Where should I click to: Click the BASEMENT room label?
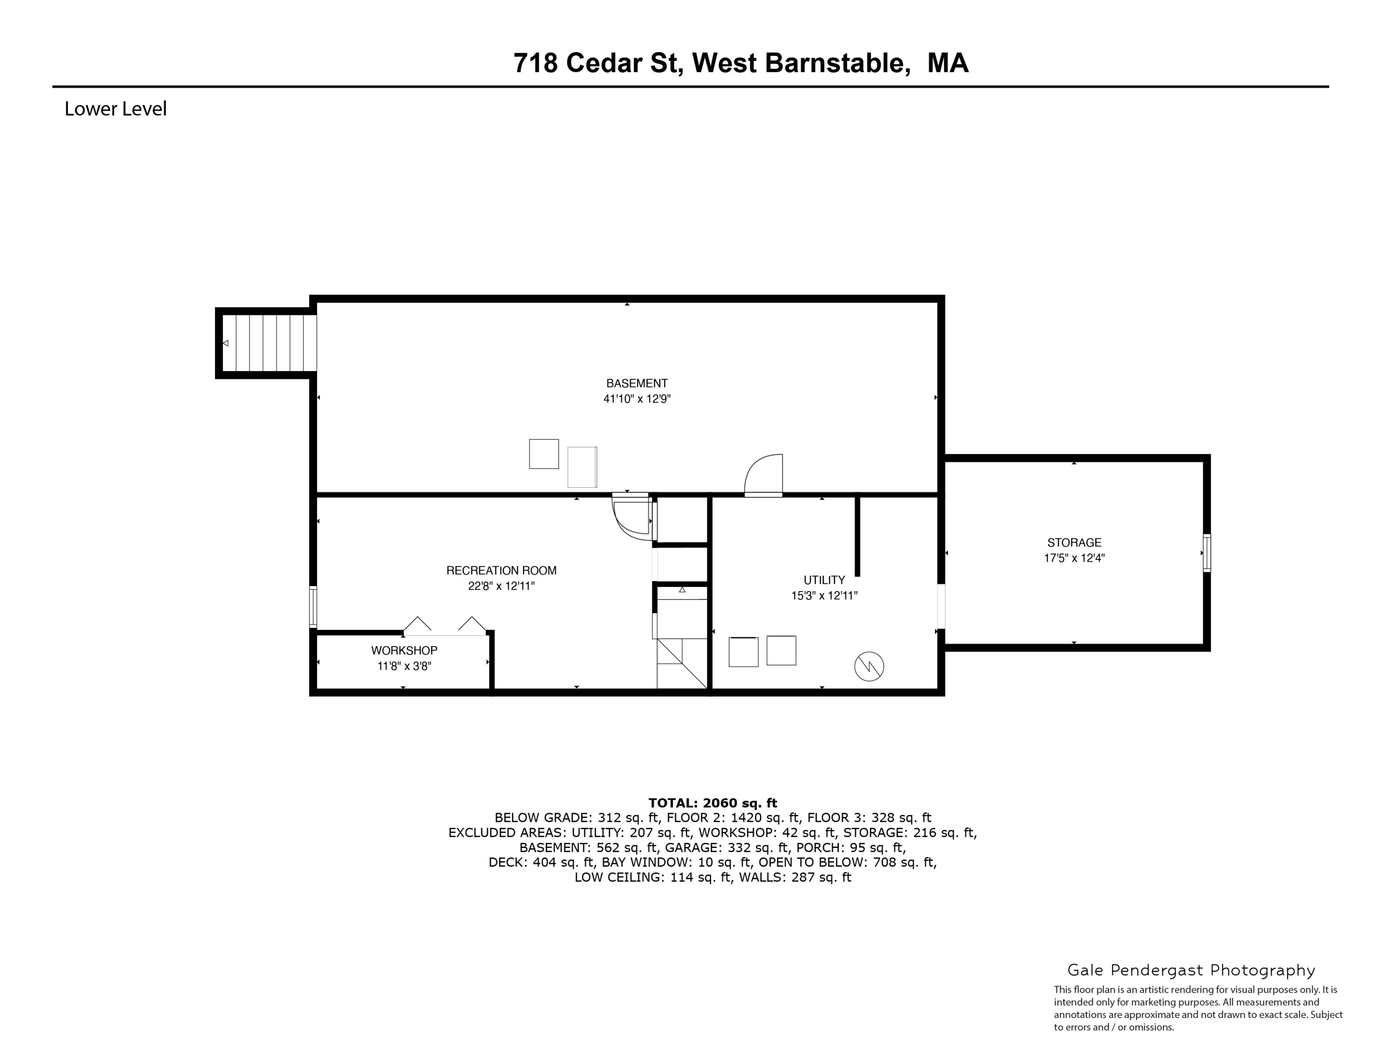637,383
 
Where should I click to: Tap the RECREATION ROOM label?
501,570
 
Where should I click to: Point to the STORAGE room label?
1074,542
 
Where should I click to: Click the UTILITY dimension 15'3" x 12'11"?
824,596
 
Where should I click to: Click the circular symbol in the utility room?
869,666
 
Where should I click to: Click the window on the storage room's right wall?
1206,553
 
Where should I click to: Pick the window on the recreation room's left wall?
313,607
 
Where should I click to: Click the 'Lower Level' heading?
116,109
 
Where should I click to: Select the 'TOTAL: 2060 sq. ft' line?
713,803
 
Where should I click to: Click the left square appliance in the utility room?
743,652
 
